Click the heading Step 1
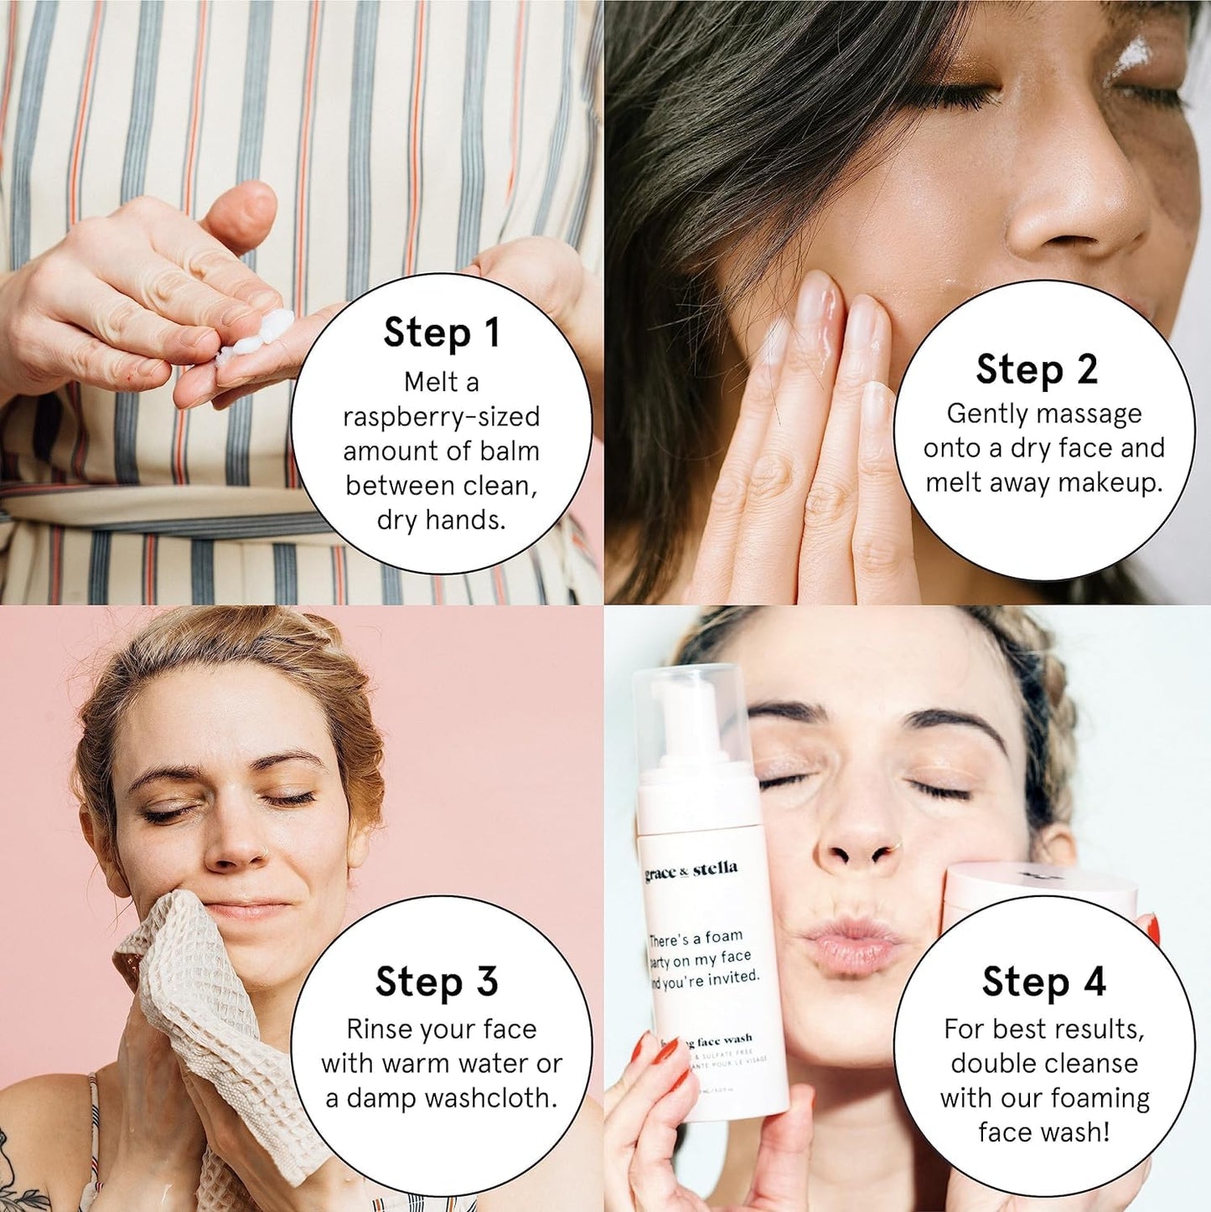(x=442, y=333)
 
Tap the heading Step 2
(x=1037, y=369)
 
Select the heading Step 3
(x=437, y=982)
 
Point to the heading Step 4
(x=1044, y=982)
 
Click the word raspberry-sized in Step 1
(x=442, y=417)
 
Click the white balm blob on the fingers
(x=260, y=335)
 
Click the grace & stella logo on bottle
(x=691, y=871)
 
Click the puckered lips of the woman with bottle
(x=846, y=942)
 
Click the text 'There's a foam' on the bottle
(x=696, y=938)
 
